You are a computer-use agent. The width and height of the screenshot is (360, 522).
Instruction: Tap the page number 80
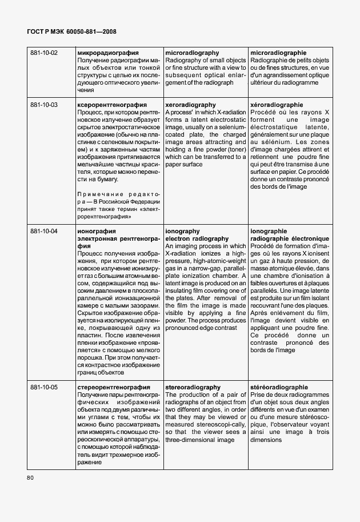click(30, 477)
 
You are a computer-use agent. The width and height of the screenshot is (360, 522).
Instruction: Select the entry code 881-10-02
click(44, 53)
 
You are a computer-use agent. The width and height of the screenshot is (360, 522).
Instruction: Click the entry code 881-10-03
click(44, 105)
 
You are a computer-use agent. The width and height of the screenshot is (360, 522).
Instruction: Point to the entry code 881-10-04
click(44, 231)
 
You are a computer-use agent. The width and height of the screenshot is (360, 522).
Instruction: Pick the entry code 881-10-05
click(44, 388)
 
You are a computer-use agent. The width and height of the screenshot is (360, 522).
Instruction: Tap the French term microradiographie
click(278, 53)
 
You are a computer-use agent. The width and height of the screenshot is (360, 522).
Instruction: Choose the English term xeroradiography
click(190, 105)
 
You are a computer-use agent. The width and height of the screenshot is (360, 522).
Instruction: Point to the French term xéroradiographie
click(277, 105)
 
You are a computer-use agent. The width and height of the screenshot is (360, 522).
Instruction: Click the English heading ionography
click(182, 231)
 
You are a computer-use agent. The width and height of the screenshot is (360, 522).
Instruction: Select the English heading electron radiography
click(197, 238)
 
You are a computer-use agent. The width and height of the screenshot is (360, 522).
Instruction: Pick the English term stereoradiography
click(193, 388)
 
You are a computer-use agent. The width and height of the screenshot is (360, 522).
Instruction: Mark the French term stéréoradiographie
click(279, 388)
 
